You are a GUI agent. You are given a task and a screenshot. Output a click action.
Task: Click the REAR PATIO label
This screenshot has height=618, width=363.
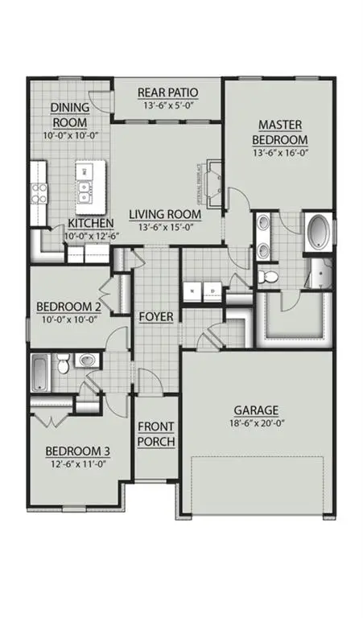[x=168, y=92]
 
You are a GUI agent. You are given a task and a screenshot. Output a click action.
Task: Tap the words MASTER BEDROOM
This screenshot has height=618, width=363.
[x=279, y=133]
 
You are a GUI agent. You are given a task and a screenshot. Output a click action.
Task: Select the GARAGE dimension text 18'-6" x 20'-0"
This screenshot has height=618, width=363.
[x=256, y=423]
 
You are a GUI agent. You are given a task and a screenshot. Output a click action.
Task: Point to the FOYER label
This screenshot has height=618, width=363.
[x=155, y=316]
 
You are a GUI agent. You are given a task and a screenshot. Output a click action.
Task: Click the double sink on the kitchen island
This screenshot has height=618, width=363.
[x=84, y=191]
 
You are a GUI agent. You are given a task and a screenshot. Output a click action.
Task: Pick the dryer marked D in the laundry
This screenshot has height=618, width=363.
[x=213, y=290]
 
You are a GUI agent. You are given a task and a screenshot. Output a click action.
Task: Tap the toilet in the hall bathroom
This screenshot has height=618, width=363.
[x=64, y=366]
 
